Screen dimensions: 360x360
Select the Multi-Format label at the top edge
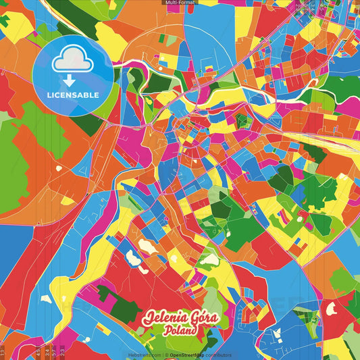[x=180, y=3]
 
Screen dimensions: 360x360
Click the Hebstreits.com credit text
[x=144, y=355]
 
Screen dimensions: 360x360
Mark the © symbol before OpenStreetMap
[x=168, y=355]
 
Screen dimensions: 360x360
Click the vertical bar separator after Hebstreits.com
[x=163, y=355]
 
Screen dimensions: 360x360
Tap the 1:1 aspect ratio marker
[x=3, y=352]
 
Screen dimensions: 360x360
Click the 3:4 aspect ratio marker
[x=45, y=352]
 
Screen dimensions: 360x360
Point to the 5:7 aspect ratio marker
[x=54, y=352]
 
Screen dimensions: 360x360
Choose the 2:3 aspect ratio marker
[x=63, y=352]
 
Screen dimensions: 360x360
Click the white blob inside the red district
[x=331, y=310]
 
